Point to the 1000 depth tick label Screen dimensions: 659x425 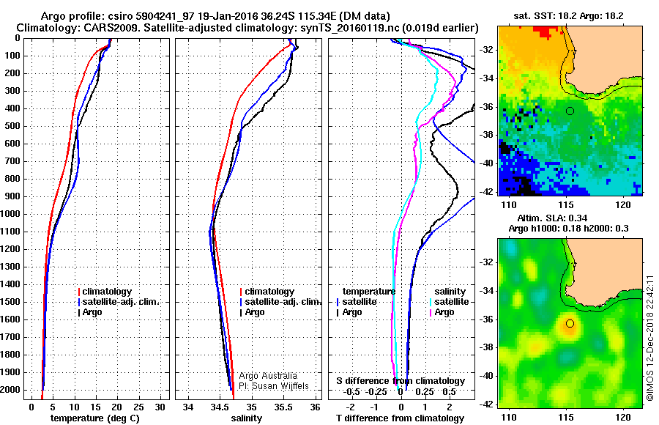click(11, 214)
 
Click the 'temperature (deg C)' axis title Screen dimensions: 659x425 click(95, 418)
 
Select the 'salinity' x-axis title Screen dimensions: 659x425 click(246, 418)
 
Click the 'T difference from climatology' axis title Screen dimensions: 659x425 click(400, 418)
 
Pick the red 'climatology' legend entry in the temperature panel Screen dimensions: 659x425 click(105, 291)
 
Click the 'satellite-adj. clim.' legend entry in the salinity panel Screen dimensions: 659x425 click(280, 302)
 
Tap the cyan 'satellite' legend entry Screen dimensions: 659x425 click(450, 302)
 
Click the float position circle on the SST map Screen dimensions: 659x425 click(570, 111)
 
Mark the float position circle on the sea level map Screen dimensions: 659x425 click(570, 323)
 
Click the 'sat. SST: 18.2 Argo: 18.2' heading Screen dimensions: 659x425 click(568, 16)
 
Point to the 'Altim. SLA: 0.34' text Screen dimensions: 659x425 click(552, 218)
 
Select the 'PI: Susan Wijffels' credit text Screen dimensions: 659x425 click(274, 386)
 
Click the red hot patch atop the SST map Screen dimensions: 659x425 click(547, 31)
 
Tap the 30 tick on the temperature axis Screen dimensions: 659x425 click(160, 407)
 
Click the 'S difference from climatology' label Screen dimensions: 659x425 click(401, 381)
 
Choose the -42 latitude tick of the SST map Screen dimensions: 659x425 click(487, 192)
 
